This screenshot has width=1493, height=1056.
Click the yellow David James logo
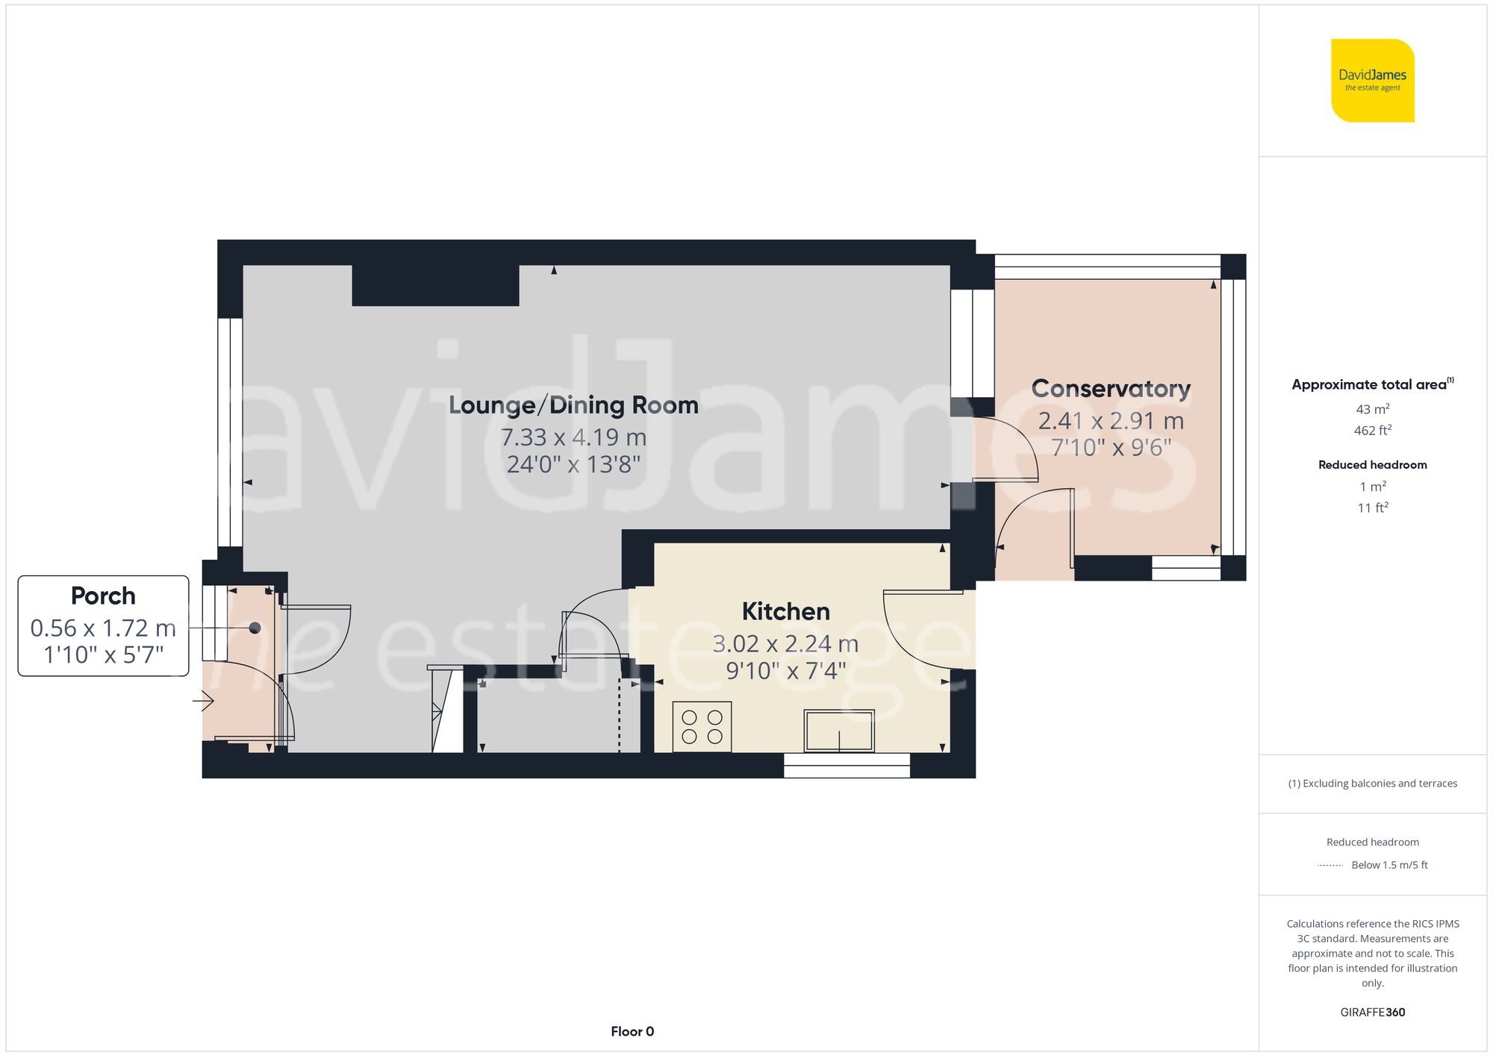(x=1372, y=81)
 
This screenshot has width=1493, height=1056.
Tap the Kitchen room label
(x=785, y=611)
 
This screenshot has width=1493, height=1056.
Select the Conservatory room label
(x=1111, y=389)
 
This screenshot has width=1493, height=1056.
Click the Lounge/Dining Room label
(x=573, y=405)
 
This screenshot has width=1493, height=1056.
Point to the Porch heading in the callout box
(x=103, y=596)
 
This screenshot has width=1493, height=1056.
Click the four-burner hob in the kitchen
(x=702, y=726)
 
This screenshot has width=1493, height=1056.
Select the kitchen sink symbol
(x=839, y=731)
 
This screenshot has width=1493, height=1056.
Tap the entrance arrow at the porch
(x=204, y=701)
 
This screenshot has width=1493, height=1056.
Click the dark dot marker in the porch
(x=255, y=628)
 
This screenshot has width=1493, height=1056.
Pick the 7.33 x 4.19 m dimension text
(x=573, y=437)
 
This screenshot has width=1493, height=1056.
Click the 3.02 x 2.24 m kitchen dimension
(x=785, y=643)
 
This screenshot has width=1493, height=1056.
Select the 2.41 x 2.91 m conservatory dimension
(x=1111, y=421)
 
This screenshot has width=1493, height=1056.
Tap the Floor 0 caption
(x=632, y=1031)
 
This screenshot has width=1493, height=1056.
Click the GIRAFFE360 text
(x=1372, y=1012)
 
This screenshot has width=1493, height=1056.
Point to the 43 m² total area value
(x=1372, y=409)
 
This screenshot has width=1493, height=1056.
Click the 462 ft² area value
(x=1372, y=431)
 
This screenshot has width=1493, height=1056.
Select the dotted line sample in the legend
(x=1330, y=866)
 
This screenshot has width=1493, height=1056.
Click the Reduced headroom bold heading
(x=1372, y=464)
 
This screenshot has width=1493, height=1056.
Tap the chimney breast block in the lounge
(x=435, y=285)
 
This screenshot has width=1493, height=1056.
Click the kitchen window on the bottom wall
(x=847, y=765)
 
